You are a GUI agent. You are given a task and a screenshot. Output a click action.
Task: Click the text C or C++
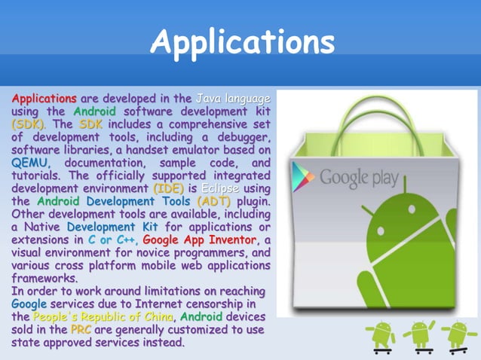point(110,239)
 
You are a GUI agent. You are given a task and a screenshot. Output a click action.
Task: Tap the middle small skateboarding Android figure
point(419,335)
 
